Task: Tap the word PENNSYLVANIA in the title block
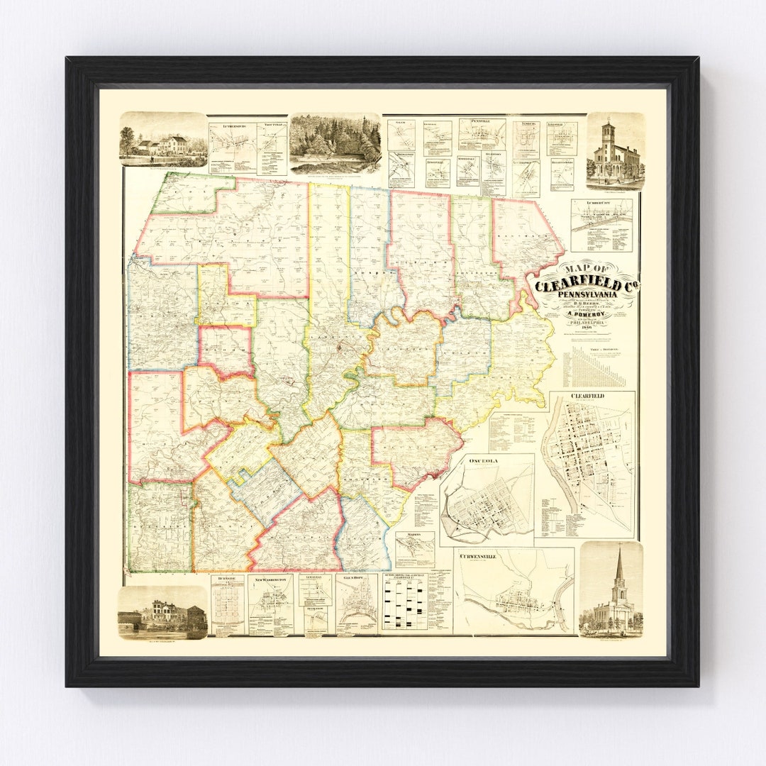click(588, 295)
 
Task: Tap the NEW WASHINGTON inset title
click(270, 579)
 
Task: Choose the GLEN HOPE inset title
click(354, 579)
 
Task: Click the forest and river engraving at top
click(335, 144)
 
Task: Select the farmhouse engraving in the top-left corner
click(164, 140)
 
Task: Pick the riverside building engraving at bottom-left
click(162, 612)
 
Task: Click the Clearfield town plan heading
click(587, 396)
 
